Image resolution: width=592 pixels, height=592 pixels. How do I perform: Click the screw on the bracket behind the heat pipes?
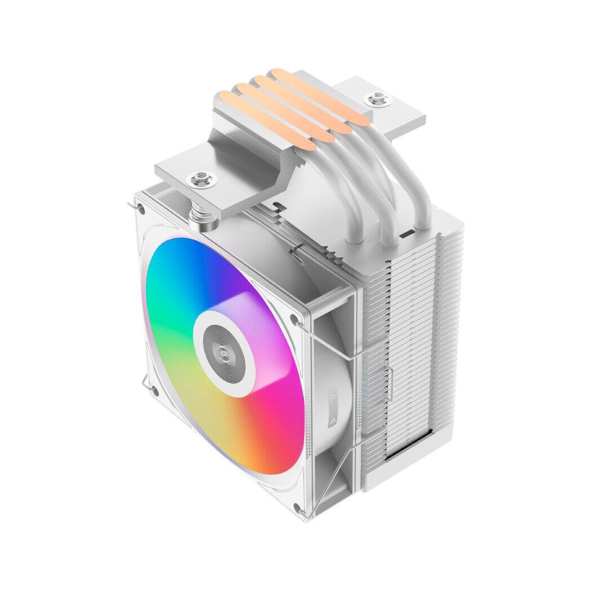click(x=375, y=100)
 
